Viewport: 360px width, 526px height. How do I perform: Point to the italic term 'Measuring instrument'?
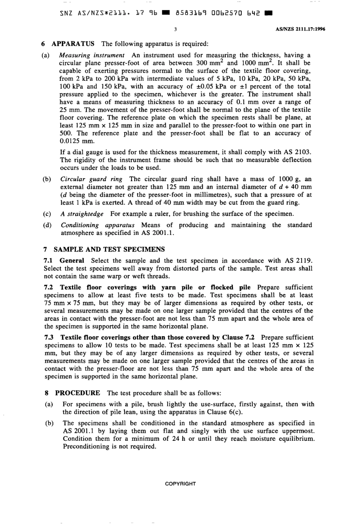click(x=92, y=55)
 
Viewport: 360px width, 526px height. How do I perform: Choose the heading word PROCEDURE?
click(x=77, y=393)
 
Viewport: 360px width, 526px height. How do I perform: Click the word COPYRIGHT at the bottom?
click(x=180, y=484)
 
